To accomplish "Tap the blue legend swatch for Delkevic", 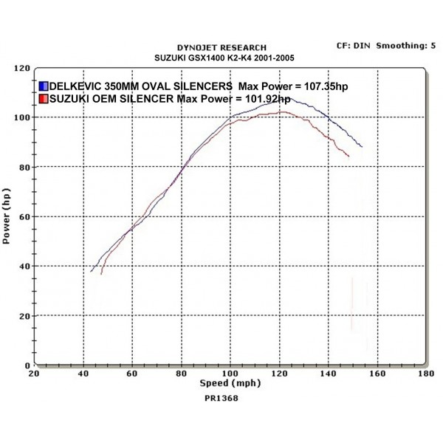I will pyautogui.click(x=43, y=86).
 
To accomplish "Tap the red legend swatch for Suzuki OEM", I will pyautogui.click(x=43, y=99).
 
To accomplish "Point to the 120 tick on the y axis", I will pyautogui.click(x=22, y=68).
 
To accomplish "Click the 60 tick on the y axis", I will pyautogui.click(x=24, y=216).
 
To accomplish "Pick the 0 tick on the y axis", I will pyautogui.click(x=27, y=365).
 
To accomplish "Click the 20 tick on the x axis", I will pyautogui.click(x=34, y=374).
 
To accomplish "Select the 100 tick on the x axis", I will pyautogui.click(x=230, y=374).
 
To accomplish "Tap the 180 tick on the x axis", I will pyautogui.click(x=426, y=374).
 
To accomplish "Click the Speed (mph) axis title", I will pyautogui.click(x=230, y=384).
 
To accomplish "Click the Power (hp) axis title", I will pyautogui.click(x=7, y=216).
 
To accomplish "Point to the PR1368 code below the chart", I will pyautogui.click(x=221, y=398).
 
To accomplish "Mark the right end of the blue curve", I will pyautogui.click(x=362, y=146).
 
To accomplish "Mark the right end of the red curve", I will pyautogui.click(x=348, y=156).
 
